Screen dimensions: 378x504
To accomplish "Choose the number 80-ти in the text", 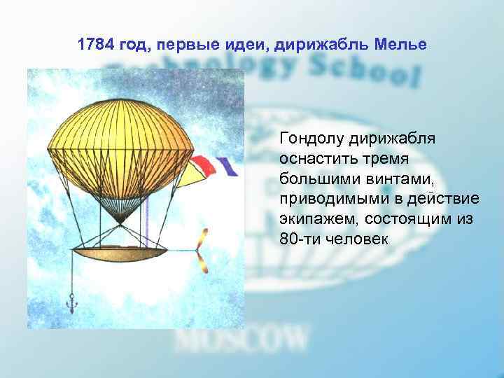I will pos(298,239).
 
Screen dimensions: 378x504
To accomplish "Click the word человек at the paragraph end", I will pos(351,239).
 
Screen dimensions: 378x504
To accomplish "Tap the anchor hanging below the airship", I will pos(71,303).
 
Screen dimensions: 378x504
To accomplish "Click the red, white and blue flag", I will pos(210,165).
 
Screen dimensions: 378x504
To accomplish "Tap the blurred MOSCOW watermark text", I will pos(241,339).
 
